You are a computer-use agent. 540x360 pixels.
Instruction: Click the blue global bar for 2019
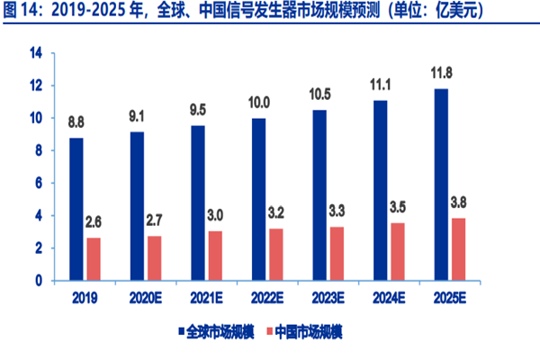76,209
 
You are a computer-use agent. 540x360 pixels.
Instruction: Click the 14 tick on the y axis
36,53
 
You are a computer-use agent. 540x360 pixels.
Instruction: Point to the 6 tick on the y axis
40,183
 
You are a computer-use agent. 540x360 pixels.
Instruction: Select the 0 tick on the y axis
40,281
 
